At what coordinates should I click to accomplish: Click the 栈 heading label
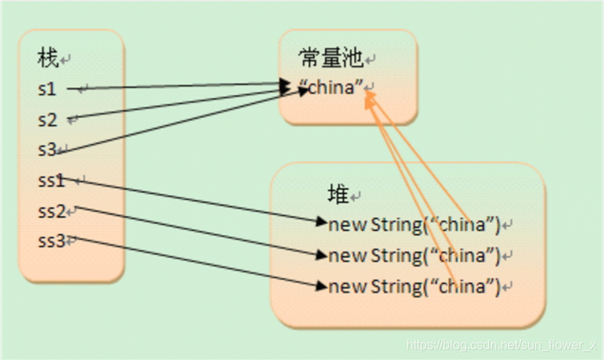[x=47, y=58]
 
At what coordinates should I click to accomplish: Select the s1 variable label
[x=47, y=89]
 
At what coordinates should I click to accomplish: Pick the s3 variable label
[x=47, y=150]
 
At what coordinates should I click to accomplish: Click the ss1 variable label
[x=51, y=180]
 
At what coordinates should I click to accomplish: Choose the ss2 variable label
[x=51, y=211]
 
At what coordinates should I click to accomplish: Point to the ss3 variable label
[x=51, y=241]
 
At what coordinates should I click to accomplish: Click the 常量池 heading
[x=330, y=58]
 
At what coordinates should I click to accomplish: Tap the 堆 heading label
[x=338, y=194]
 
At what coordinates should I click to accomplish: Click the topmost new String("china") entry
[x=414, y=225]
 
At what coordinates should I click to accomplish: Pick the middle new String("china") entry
[x=414, y=256]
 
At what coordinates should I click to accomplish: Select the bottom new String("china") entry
[x=414, y=286]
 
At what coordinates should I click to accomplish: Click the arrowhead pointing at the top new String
[x=321, y=222]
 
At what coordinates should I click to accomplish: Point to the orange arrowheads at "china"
[x=368, y=96]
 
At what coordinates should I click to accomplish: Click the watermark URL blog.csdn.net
[x=500, y=345]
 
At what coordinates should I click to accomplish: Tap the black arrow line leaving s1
[x=174, y=86]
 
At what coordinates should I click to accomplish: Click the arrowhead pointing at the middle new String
[x=321, y=255]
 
